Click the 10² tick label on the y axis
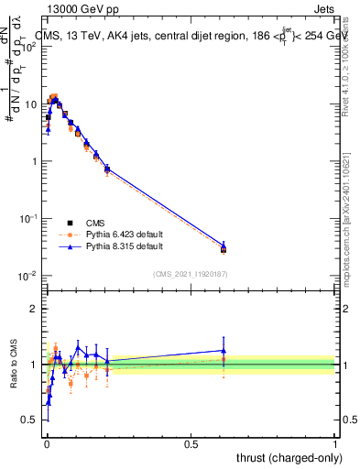29,47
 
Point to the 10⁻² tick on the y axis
29,276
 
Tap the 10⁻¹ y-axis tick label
29,219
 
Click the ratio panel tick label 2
34,309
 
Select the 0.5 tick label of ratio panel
29,420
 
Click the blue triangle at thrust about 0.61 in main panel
224,245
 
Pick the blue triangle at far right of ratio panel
224,350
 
